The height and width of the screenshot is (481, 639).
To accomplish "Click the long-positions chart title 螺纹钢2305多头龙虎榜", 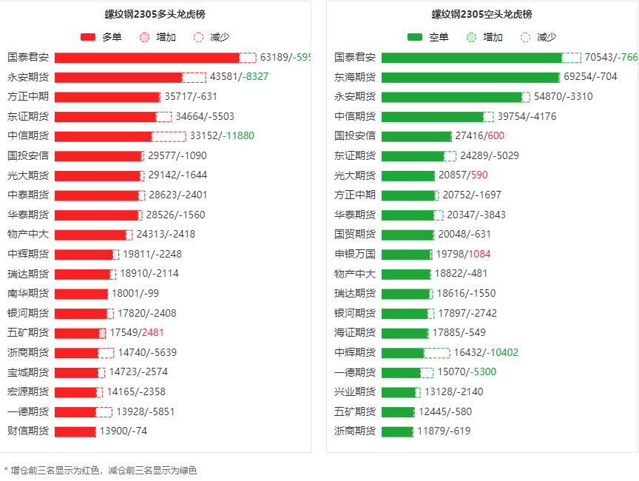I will coord(156,14).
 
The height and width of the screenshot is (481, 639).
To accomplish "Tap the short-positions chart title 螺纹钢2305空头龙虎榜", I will coord(481,14).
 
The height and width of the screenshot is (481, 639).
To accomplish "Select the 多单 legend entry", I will coord(101,37).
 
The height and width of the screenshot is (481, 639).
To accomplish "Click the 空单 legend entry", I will coord(427,37).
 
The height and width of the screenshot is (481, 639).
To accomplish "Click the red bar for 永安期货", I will coord(118,77).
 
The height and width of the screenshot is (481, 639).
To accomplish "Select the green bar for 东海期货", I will coord(470,77).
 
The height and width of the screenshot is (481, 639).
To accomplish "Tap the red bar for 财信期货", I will coord(75,431).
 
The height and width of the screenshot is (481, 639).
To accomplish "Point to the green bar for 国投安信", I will coord(416,136).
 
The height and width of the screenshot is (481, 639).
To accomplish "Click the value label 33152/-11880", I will coord(222,135).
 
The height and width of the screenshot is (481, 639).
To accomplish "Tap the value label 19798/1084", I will coord(464,254).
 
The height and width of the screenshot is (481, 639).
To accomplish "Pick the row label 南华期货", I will coord(28,293).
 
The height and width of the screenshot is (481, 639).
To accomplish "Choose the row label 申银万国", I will coord(355,254).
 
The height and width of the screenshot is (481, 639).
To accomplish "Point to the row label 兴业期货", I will coord(355,391).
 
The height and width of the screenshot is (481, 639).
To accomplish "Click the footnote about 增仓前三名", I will coord(101,470).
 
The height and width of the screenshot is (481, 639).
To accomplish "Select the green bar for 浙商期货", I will coord(397,431).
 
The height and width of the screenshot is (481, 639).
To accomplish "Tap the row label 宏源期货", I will coord(28,391).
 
